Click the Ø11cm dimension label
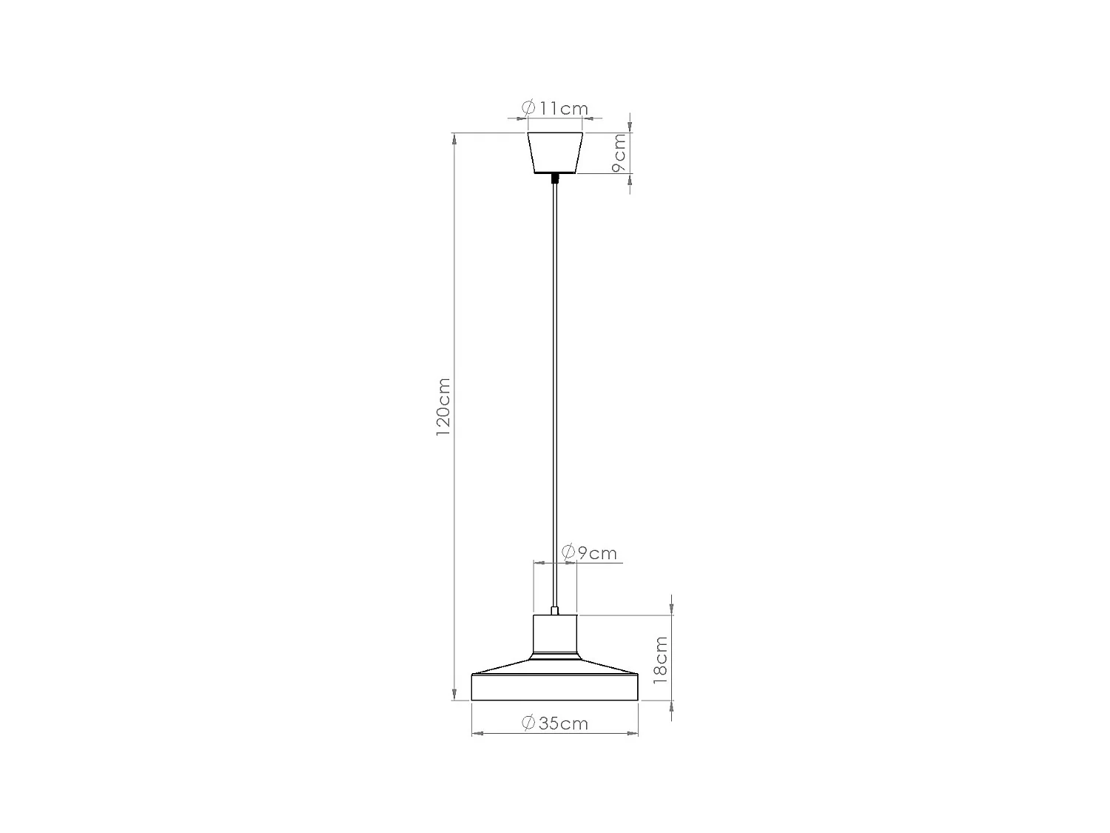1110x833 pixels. coord(555,108)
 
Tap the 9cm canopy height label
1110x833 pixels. coord(619,153)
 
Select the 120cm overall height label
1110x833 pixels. coord(443,417)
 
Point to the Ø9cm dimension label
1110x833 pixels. coord(589,552)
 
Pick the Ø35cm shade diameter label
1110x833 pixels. coord(555,723)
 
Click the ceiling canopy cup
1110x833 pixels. coord(555,153)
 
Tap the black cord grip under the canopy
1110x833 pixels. coord(555,178)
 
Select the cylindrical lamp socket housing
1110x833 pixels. coord(555,635)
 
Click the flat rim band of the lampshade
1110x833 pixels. coord(555,688)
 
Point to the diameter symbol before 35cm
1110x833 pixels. coord(528,723)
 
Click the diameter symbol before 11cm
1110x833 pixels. coord(528,108)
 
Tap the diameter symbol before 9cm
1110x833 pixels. coord(569,552)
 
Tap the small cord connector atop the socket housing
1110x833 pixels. coord(555,611)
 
